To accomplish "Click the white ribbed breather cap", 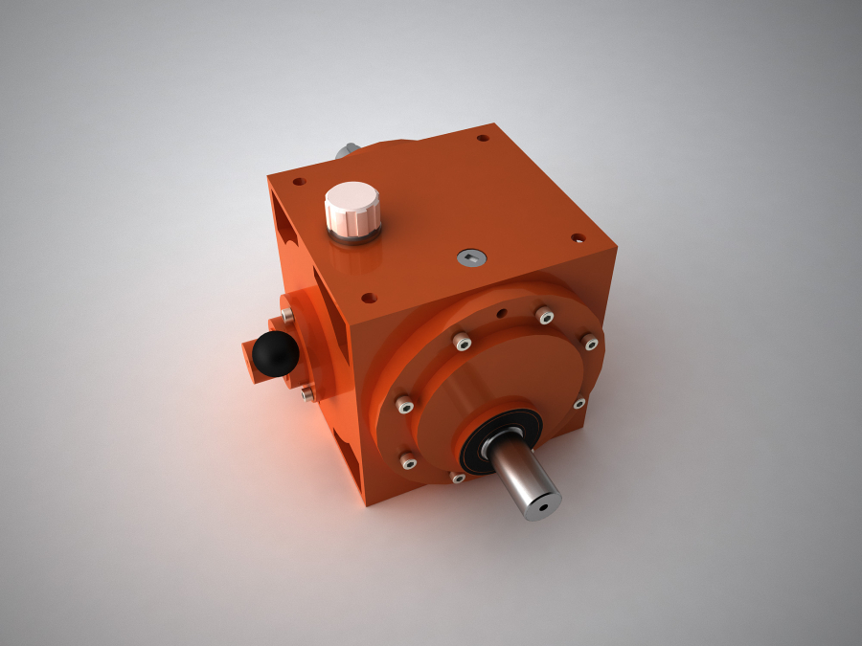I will pyautogui.click(x=352, y=207).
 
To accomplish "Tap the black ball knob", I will pyautogui.click(x=275, y=353).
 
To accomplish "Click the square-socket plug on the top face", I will pyautogui.click(x=470, y=256).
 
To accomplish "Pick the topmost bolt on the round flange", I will pyautogui.click(x=544, y=315).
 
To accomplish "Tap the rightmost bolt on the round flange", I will pyautogui.click(x=591, y=343).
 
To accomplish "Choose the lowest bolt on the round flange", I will pyautogui.click(x=458, y=477).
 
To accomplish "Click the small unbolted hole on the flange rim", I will pyautogui.click(x=500, y=312).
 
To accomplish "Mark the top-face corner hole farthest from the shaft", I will pyautogui.click(x=483, y=138).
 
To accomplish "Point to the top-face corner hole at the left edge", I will pyautogui.click(x=300, y=180).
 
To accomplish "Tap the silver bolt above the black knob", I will pyautogui.click(x=286, y=313).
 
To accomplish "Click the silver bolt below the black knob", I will pyautogui.click(x=306, y=392).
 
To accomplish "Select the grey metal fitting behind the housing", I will pyautogui.click(x=348, y=150).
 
